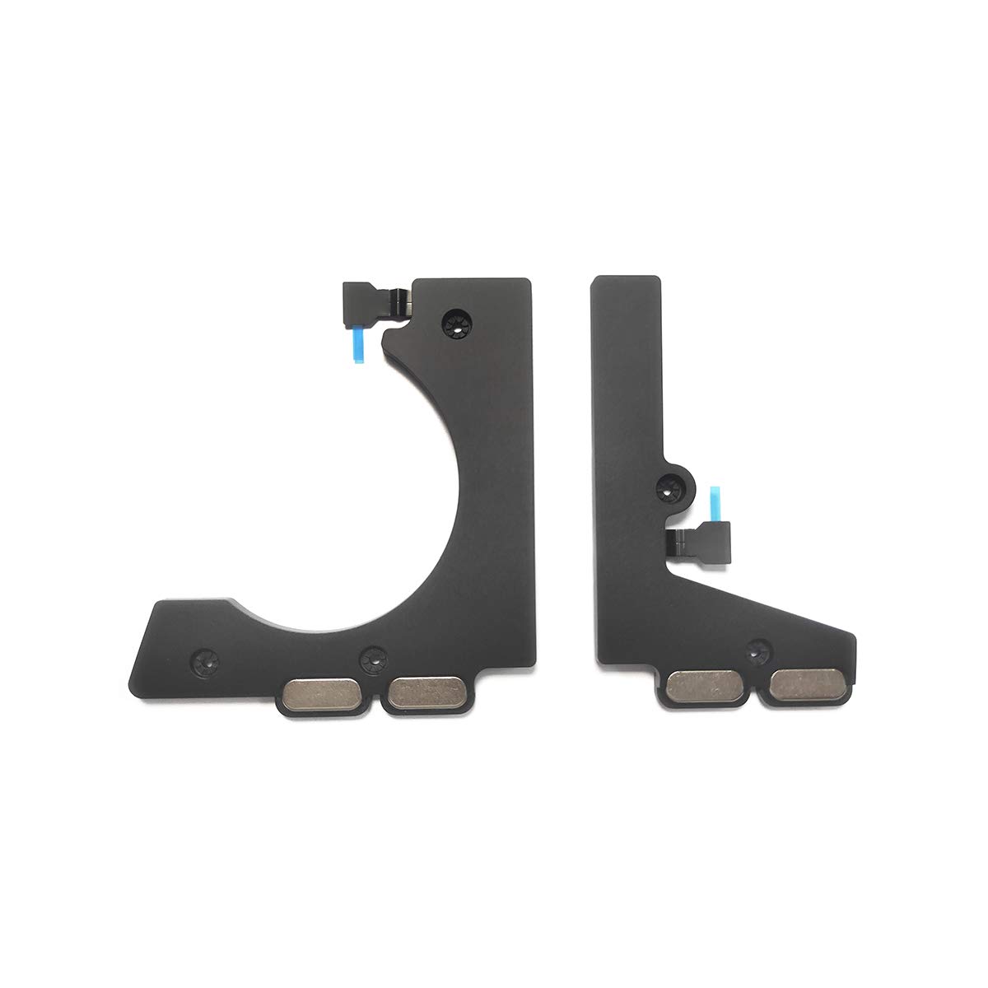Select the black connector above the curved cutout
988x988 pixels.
click(x=364, y=296)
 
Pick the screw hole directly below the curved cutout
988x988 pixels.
click(x=367, y=656)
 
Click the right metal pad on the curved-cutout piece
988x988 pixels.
click(x=425, y=692)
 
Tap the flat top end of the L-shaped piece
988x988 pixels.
click(x=627, y=282)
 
